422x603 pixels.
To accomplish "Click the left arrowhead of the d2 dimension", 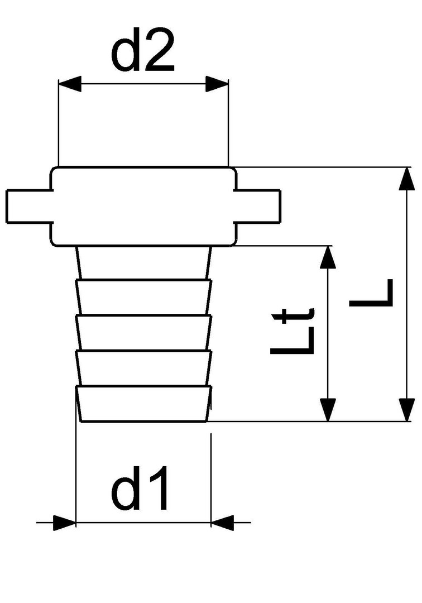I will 69,85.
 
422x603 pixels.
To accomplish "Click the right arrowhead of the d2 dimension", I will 218,85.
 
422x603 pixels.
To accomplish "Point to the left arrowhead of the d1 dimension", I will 65,523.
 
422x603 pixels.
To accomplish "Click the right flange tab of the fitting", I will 257,205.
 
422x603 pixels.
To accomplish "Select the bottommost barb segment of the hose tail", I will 143,404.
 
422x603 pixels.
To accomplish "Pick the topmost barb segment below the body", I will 144,262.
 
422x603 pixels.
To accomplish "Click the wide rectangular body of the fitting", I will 143,205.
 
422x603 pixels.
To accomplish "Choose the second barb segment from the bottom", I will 143,368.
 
